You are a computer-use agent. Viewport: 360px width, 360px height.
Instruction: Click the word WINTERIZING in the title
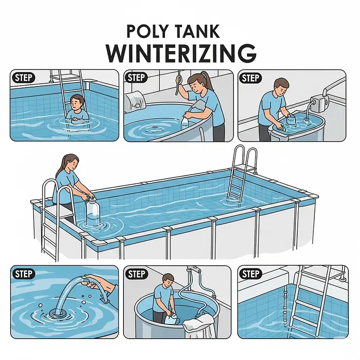tap(180, 52)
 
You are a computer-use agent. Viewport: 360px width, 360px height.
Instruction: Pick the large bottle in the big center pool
tap(92, 212)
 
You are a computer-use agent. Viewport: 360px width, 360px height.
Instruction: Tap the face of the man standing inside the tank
tap(167, 281)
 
